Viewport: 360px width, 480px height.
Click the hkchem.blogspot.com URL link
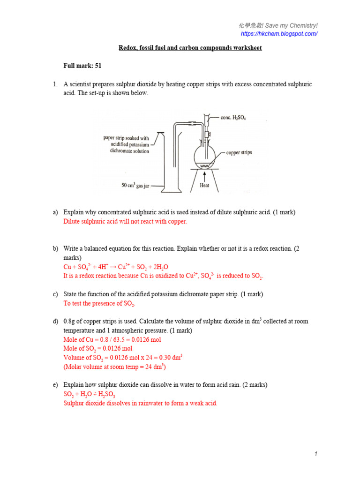tap(279, 34)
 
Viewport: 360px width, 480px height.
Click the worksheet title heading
tap(189, 48)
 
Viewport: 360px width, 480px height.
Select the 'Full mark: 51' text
tap(82, 66)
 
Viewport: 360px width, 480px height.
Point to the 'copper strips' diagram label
tap(239, 152)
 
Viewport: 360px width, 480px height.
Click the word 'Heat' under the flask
tap(204, 186)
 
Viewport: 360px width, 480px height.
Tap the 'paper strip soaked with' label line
tap(126, 138)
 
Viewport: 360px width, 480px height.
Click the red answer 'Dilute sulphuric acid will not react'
tap(125, 221)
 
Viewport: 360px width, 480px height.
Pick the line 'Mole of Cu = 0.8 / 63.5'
tap(112, 339)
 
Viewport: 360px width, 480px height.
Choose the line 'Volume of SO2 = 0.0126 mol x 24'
tap(122, 357)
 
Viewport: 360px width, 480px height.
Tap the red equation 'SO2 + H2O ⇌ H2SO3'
tap(90, 394)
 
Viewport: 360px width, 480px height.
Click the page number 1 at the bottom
tap(316, 454)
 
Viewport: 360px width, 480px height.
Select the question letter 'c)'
tap(55, 294)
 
